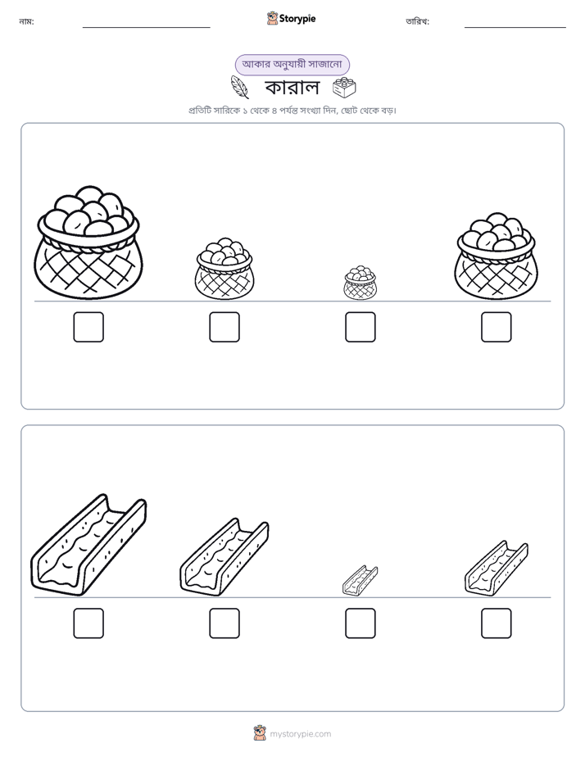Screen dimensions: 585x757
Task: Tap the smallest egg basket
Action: tap(360, 283)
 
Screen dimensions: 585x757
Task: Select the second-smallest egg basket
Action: tap(224, 269)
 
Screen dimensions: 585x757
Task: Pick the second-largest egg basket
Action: tap(496, 256)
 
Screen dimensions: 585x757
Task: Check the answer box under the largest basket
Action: tap(88, 327)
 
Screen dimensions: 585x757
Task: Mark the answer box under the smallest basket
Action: tap(360, 327)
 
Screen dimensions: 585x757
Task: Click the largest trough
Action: tap(88, 545)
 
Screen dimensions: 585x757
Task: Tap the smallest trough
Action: tap(360, 580)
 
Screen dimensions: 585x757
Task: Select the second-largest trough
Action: tap(224, 556)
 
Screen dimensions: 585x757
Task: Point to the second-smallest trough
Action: tap(497, 569)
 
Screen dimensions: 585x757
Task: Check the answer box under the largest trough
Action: tap(88, 623)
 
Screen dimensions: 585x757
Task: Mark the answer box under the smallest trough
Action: tap(360, 623)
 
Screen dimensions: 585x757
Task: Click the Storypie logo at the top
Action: tap(291, 18)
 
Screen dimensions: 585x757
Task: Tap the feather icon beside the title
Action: tap(240, 87)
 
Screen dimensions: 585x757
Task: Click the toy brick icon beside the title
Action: tap(345, 88)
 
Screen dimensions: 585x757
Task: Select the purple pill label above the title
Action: tap(292, 65)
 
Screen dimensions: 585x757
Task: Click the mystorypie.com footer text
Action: tap(300, 734)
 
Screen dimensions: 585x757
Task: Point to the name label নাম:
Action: tap(26, 21)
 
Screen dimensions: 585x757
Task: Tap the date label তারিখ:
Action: tap(418, 21)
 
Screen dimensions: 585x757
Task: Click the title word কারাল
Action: tap(292, 88)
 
